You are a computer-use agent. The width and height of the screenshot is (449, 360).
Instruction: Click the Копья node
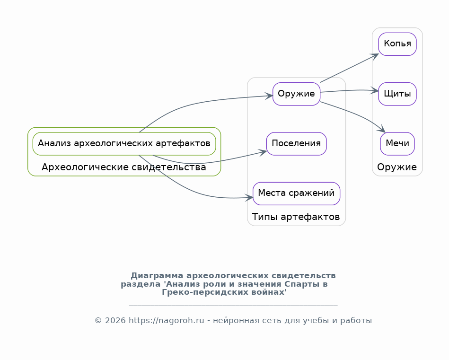[397, 44]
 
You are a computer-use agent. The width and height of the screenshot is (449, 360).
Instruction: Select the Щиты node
[397, 94]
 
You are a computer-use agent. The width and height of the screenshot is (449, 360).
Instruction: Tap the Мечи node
[397, 144]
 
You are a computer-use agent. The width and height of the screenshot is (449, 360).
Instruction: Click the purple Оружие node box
[296, 94]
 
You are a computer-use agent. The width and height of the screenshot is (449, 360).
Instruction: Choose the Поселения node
[296, 144]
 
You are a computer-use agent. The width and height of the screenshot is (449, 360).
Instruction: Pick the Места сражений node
[296, 193]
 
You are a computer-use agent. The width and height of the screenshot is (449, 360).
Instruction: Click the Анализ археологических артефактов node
[124, 144]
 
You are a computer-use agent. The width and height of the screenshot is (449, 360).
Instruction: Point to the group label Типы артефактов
[296, 217]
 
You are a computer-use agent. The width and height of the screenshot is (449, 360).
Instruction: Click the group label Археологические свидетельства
[123, 167]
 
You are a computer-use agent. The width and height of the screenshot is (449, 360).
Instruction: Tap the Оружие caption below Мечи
[397, 167]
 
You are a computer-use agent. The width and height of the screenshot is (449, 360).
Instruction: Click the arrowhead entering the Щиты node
[375, 90]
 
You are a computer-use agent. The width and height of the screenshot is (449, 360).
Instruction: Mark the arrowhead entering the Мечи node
[382, 129]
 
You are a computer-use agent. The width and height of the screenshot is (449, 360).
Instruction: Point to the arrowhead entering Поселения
[263, 152]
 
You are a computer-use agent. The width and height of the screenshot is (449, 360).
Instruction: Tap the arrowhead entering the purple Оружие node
[269, 96]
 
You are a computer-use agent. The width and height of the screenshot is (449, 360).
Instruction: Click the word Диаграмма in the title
[157, 275]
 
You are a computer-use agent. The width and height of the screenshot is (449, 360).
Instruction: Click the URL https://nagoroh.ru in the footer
[167, 320]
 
